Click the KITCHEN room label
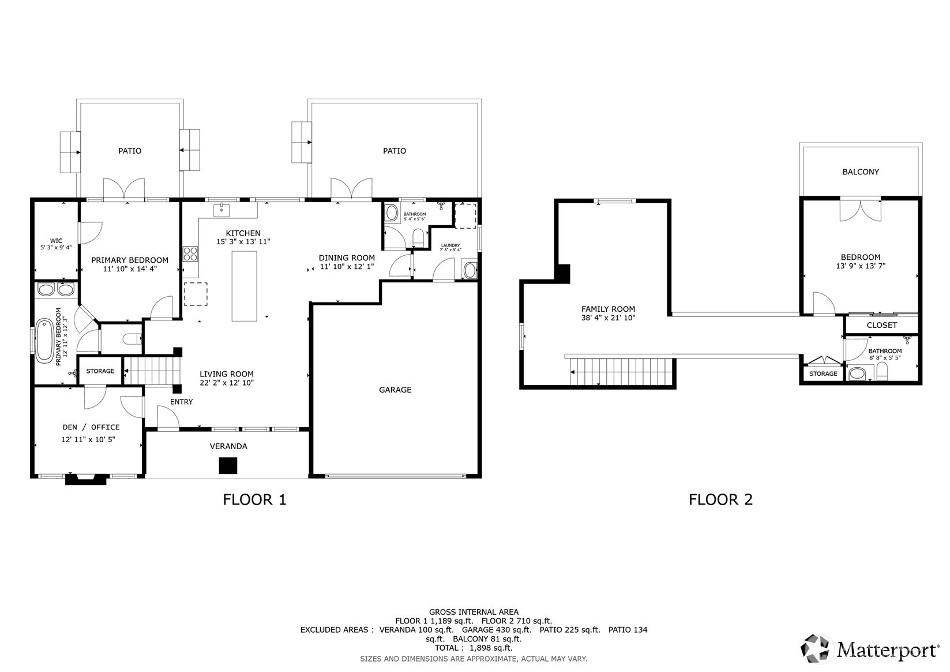[x=243, y=233]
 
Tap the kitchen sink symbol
[x=221, y=210]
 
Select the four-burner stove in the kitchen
[x=190, y=254]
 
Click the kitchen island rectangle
[x=245, y=286]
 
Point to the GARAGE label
[x=395, y=390]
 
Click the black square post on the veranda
[x=228, y=466]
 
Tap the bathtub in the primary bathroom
[x=44, y=341]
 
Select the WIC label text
[x=56, y=241]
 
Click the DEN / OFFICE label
[x=91, y=427]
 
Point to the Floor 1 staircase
[x=153, y=371]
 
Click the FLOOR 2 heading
[x=720, y=499]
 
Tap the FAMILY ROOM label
[x=608, y=309]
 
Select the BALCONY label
[x=861, y=172]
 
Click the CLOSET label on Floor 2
[x=882, y=325]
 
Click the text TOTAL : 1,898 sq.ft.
[x=474, y=648]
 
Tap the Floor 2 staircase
[x=621, y=372]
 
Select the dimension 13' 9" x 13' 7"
[x=861, y=266]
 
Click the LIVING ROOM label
[x=227, y=374]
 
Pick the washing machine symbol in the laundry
[x=470, y=270]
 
